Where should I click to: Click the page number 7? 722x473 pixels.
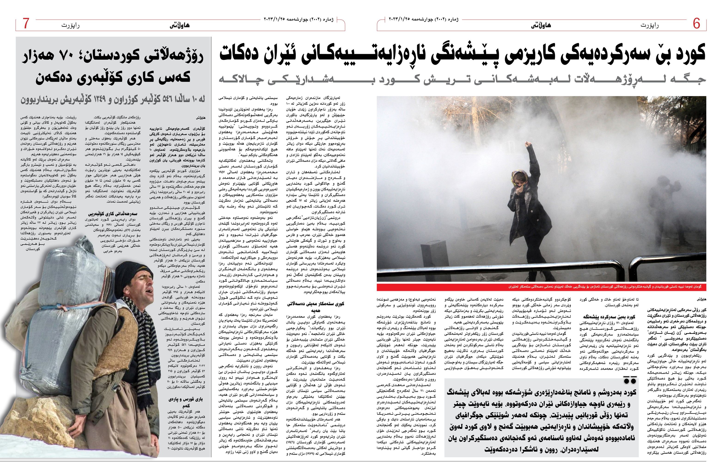click(x=26, y=24)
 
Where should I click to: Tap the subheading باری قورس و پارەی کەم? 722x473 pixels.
click(x=186, y=402)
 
